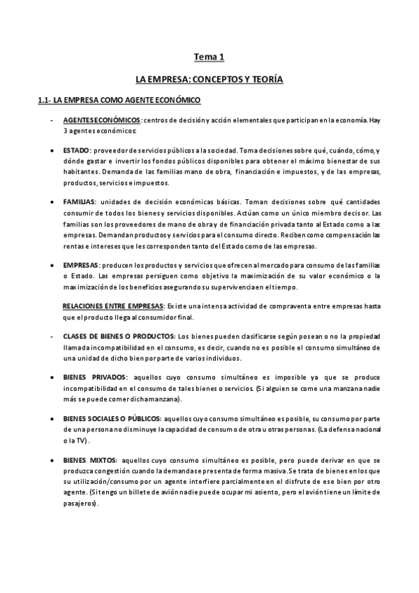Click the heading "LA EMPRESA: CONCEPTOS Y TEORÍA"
[209, 80]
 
